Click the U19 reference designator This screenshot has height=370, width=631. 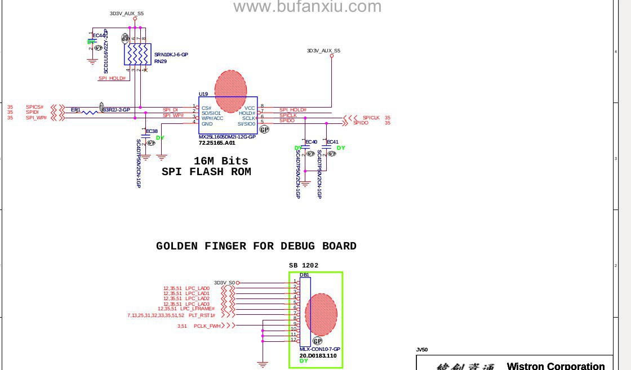pyautogui.click(x=203, y=94)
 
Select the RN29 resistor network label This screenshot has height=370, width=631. pyautogui.click(x=161, y=61)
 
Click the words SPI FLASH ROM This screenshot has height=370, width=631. pyautogui.click(x=206, y=172)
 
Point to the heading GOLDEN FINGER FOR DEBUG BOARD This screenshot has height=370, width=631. pyautogui.click(x=256, y=246)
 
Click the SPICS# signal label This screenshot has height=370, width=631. pyautogui.click(x=34, y=107)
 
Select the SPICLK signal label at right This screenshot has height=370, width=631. pyautogui.click(x=371, y=118)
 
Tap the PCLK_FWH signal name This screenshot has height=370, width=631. pyautogui.click(x=207, y=326)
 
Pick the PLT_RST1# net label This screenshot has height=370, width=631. pyautogui.click(x=202, y=315)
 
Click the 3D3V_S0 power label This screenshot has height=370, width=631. pyautogui.click(x=224, y=283)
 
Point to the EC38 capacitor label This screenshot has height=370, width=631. pyautogui.click(x=152, y=131)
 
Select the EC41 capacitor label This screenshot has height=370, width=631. pyautogui.click(x=332, y=142)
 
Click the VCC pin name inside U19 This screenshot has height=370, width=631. pyautogui.click(x=250, y=108)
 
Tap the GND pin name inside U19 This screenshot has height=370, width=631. pyautogui.click(x=207, y=124)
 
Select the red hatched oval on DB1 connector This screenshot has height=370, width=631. pyautogui.click(x=321, y=315)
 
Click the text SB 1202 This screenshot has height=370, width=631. pyautogui.click(x=304, y=265)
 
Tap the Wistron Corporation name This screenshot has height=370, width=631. pyautogui.click(x=556, y=366)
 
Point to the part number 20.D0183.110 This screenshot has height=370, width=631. pyautogui.click(x=318, y=355)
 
